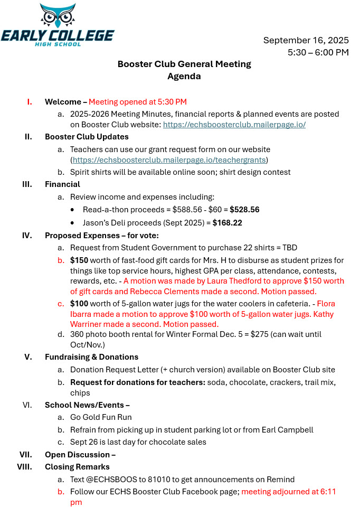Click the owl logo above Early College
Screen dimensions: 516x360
coord(58,16)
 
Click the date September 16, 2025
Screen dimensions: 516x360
coord(306,40)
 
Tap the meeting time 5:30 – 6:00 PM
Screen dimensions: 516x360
coord(318,52)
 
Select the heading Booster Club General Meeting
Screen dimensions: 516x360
coord(184,64)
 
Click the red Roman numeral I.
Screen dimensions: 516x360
coord(30,102)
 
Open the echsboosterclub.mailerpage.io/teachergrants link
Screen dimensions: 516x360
coord(170,160)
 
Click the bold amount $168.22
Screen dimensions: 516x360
coord(228,223)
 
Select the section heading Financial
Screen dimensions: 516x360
coord(62,184)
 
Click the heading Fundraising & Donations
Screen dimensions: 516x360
coord(91,356)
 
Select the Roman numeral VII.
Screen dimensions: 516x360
coord(26,454)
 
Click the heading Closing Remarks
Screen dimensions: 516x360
coord(77,467)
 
